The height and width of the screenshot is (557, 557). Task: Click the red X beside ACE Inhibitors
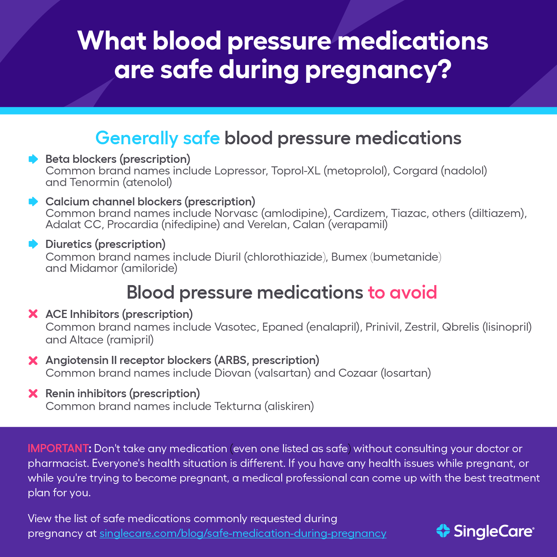[x=33, y=314]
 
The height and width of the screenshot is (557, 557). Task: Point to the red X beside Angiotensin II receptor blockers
[x=33, y=361]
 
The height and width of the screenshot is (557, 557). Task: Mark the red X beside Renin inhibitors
[x=33, y=394]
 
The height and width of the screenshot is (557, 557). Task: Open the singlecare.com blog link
[x=243, y=533]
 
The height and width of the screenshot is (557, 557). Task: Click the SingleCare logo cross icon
[x=443, y=531]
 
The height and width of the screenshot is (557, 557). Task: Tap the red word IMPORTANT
[x=58, y=449]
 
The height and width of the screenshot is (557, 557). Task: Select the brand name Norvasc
[x=236, y=214]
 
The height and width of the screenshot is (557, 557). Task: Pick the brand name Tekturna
[x=237, y=407]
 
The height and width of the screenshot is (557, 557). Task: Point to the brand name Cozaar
[x=358, y=373]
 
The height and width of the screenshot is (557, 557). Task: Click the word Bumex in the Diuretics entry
[x=349, y=257]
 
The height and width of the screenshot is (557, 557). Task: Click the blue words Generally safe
[x=157, y=138]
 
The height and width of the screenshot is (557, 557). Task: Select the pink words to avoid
[x=402, y=293]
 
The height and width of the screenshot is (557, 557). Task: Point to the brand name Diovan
[x=232, y=373]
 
